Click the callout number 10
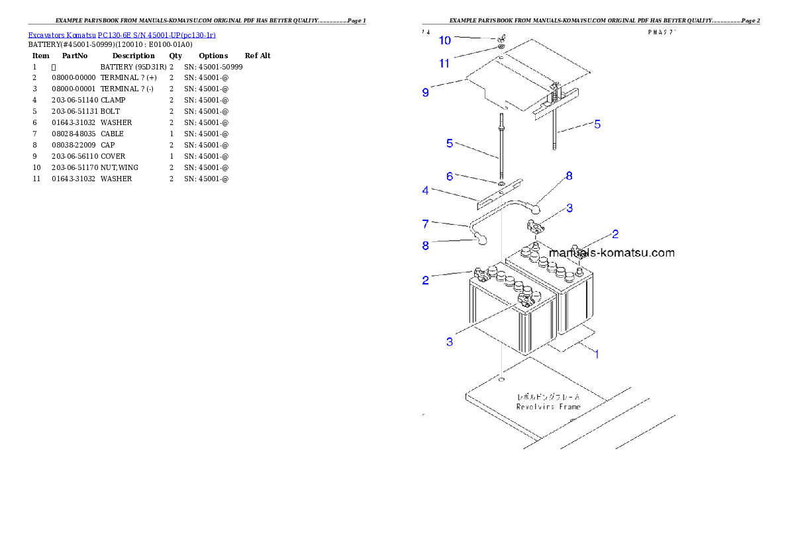click(445, 40)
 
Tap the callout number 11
click(445, 64)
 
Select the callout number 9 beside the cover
click(426, 93)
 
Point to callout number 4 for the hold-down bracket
click(426, 191)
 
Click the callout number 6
click(450, 177)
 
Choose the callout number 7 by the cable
click(426, 224)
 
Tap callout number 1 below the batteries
click(596, 354)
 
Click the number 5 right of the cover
click(597, 124)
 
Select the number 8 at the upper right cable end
click(569, 176)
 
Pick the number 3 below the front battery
click(450, 342)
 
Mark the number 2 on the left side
click(426, 280)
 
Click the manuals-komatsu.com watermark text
click(613, 253)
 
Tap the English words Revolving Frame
click(548, 406)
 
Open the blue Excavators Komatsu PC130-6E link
click(122, 34)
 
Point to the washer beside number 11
click(501, 48)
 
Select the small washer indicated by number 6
click(501, 183)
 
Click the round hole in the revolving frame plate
click(502, 380)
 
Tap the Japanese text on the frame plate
click(548, 397)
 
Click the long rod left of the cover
click(501, 146)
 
